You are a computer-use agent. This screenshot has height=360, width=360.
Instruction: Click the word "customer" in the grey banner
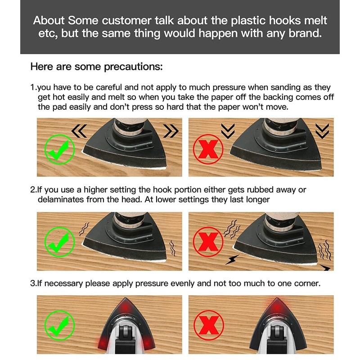126,20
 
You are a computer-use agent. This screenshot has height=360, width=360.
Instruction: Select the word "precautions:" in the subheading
133,67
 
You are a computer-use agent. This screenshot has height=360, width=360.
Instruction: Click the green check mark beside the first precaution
59,150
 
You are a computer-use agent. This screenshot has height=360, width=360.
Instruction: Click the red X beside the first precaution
208,149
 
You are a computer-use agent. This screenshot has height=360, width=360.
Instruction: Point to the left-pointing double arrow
79,131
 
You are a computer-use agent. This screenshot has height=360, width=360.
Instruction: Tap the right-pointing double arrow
171,131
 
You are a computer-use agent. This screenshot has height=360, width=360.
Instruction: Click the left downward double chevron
228,131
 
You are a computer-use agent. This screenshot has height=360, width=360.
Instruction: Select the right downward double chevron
322,131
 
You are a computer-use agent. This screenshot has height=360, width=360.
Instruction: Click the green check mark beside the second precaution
59,242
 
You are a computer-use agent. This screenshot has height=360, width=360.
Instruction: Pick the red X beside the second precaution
208,242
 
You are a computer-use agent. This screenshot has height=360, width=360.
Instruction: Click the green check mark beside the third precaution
59,325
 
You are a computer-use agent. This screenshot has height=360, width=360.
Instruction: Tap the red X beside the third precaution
208,325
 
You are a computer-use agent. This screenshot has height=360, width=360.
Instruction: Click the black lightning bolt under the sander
232,260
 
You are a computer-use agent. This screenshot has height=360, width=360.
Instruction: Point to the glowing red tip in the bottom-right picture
277,306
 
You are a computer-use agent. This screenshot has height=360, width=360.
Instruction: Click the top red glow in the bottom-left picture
125,307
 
